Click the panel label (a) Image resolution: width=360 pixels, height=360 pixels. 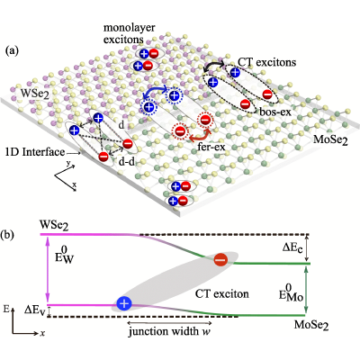tap(13, 51)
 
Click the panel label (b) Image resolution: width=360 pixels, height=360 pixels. tap(7, 235)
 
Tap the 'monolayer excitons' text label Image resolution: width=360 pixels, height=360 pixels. tap(130, 33)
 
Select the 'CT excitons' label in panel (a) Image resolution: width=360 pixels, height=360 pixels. tap(267, 62)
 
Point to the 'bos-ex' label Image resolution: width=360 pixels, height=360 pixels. tap(275, 112)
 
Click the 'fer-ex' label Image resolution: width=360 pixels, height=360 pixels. tap(211, 147)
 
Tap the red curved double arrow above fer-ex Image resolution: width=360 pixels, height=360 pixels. tap(199, 136)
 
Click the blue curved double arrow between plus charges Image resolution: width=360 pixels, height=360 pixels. tap(154, 92)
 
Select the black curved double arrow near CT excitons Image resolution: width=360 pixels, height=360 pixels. tap(213, 65)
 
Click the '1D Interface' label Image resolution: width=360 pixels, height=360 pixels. tap(35, 152)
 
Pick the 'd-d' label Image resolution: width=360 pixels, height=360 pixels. tap(127, 162)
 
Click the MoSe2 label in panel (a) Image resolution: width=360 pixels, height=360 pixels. tap(330, 139)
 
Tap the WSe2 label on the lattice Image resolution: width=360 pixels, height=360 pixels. tap(34, 94)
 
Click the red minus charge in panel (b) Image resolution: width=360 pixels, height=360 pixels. tap(221, 259)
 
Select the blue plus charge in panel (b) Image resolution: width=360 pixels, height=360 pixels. tap(124, 303)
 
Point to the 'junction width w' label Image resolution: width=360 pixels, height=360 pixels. tap(169, 331)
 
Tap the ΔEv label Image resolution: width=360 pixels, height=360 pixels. tap(35, 310)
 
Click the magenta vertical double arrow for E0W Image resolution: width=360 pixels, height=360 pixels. tap(47, 270)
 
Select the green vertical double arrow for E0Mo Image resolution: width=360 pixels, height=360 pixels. tap(306, 291)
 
